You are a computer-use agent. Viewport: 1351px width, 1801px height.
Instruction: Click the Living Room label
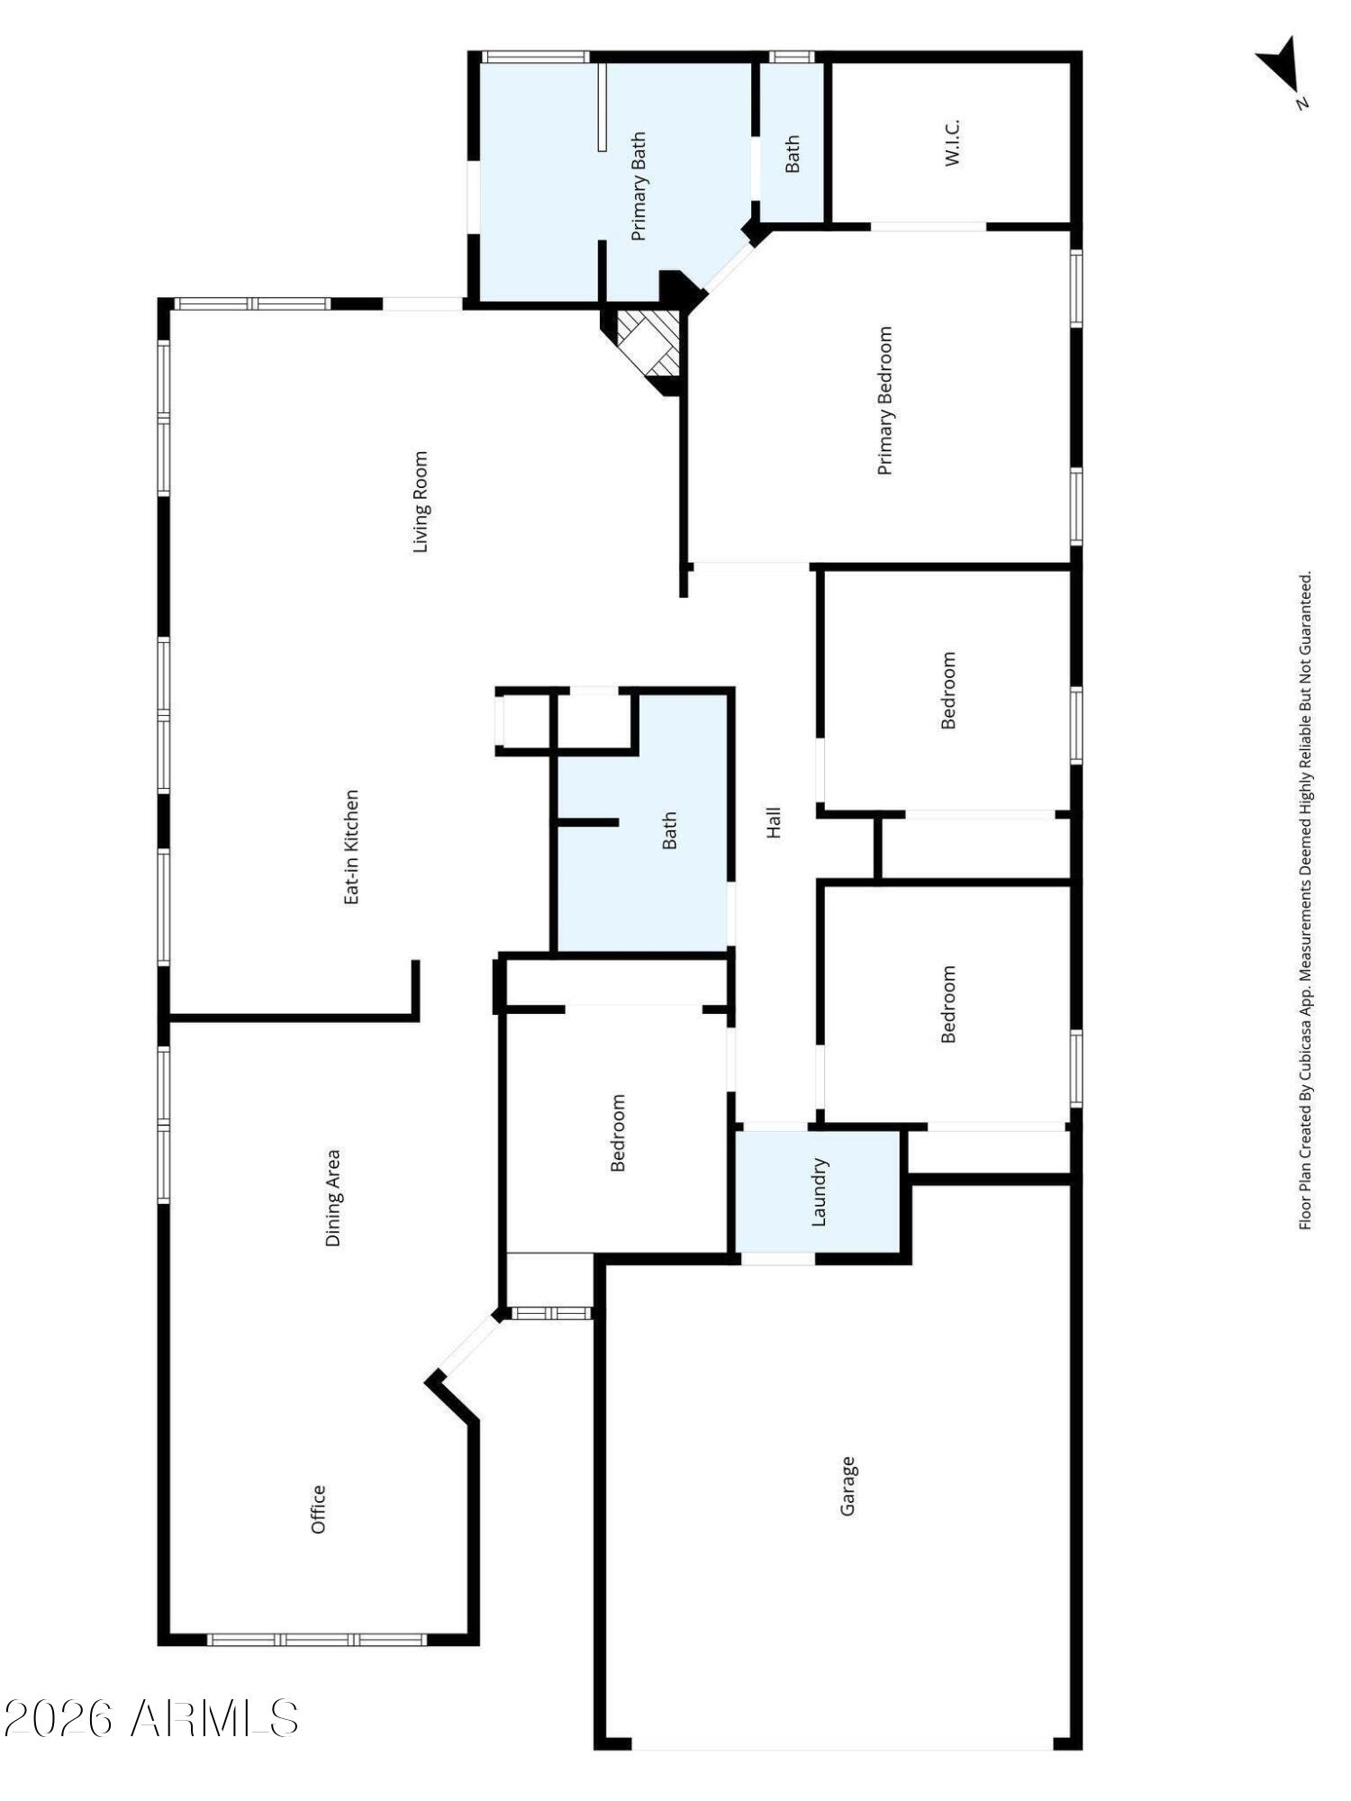pos(420,502)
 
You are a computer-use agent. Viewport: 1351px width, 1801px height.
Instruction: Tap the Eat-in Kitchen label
pos(351,846)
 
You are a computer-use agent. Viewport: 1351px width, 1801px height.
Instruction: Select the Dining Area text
pos(333,1197)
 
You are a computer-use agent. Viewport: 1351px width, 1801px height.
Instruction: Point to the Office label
pos(318,1509)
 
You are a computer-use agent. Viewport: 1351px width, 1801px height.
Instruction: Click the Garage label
pos(847,1486)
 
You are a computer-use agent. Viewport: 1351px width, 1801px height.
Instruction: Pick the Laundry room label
pos(819,1191)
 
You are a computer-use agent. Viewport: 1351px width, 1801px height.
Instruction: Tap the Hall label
pos(774,822)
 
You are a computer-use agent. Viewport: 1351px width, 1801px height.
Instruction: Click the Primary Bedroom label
pos(884,401)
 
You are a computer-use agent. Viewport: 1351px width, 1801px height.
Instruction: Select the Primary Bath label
pos(639,186)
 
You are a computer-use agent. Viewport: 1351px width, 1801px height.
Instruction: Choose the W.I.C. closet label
pos(952,141)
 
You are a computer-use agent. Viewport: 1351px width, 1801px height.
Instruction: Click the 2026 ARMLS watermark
pos(151,1719)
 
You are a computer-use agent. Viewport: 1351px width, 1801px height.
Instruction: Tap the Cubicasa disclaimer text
pos(1304,900)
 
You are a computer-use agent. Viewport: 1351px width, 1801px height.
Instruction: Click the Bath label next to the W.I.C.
pos(792,154)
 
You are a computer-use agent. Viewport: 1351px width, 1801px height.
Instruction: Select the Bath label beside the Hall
pos(669,830)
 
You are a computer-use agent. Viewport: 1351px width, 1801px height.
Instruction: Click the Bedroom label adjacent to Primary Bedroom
pos(948,690)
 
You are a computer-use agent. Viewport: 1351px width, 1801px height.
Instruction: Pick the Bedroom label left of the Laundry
pos(618,1132)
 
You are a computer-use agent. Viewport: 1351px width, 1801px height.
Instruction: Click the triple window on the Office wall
pos(316,1640)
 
